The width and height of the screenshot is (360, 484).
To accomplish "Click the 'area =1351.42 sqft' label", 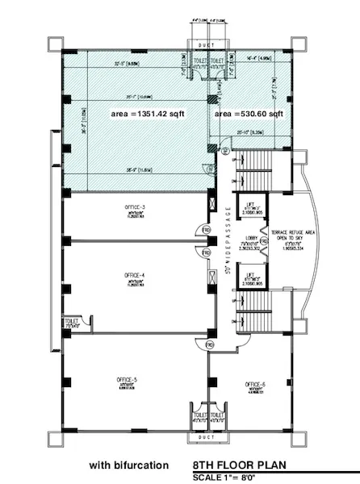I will (148, 115).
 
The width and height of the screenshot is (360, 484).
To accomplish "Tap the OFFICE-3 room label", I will (135, 209).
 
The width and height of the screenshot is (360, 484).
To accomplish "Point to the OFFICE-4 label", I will (134, 277).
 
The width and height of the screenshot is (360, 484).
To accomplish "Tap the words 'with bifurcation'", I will (129, 465).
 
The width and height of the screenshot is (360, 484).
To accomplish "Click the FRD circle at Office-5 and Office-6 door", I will (208, 344).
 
